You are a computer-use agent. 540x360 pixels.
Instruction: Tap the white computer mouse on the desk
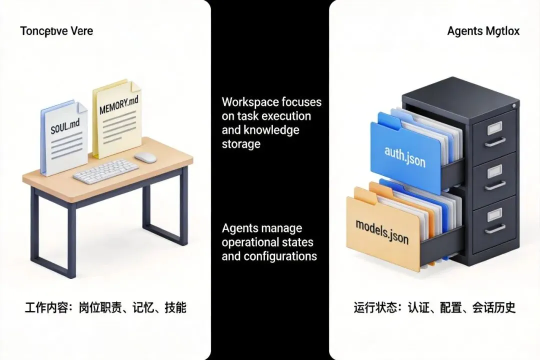[x=145, y=157]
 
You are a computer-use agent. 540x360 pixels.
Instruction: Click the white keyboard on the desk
[x=106, y=171]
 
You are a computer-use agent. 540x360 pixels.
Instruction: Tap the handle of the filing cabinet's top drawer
[x=495, y=141]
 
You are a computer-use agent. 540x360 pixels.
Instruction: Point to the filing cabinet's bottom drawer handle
[x=495, y=228]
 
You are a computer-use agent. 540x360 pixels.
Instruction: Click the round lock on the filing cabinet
[x=513, y=106]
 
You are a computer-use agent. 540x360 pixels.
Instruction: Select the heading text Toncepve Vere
[x=56, y=31]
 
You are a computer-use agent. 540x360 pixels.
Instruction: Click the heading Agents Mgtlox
[x=483, y=31]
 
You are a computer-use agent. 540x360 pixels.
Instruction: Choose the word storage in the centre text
[x=241, y=144]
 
